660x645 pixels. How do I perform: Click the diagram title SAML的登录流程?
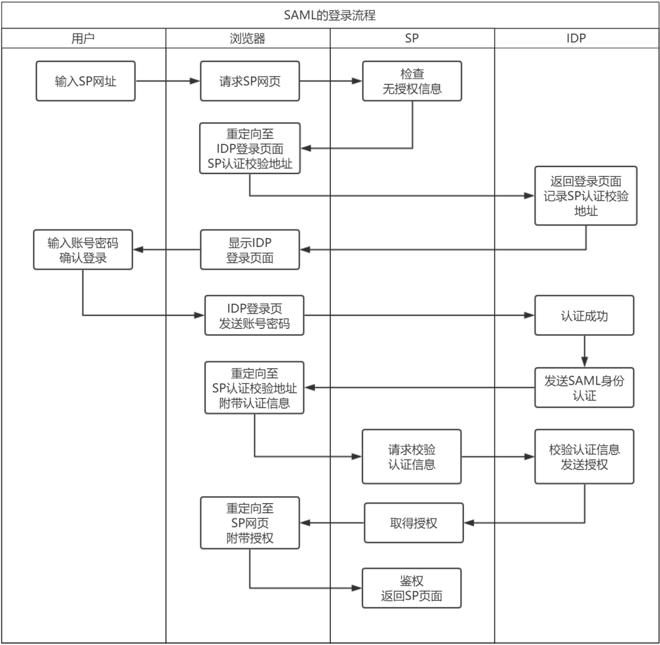pyautogui.click(x=330, y=15)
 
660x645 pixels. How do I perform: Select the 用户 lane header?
pyautogui.click(x=83, y=38)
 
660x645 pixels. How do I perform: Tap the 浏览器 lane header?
pyautogui.click(x=247, y=38)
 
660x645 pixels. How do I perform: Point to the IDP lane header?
pyautogui.click(x=576, y=38)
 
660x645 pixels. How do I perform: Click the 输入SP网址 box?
pyautogui.click(x=86, y=81)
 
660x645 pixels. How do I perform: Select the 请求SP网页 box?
pyautogui.click(x=250, y=81)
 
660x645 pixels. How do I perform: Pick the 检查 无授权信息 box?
pyautogui.click(x=412, y=81)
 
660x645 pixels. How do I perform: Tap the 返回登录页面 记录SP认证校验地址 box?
pyautogui.click(x=585, y=196)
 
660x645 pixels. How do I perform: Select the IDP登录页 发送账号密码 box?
pyautogui.click(x=254, y=315)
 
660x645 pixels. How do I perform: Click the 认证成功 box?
pyautogui.click(x=584, y=315)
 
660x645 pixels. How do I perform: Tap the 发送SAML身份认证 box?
pyautogui.click(x=584, y=386)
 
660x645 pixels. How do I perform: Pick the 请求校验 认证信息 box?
pyautogui.click(x=412, y=457)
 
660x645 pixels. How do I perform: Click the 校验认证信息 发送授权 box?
pyautogui.click(x=584, y=457)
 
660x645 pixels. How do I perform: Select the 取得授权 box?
pyautogui.click(x=413, y=523)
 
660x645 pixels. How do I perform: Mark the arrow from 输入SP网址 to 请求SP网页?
pyautogui.click(x=168, y=81)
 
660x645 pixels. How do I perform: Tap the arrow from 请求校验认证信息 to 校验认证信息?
pyautogui.click(x=498, y=457)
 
